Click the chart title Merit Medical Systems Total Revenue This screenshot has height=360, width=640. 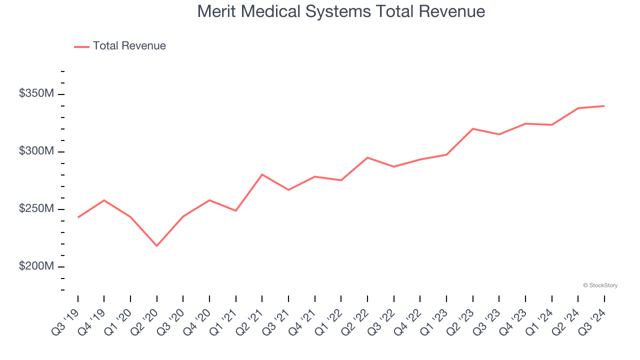[341, 11]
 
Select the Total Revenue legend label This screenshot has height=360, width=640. [129, 46]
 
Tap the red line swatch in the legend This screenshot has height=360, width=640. [81, 46]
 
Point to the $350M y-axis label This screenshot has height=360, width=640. [36, 93]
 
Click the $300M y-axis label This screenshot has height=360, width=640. [36, 151]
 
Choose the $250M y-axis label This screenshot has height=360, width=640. [36, 208]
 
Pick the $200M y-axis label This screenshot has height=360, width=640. [36, 266]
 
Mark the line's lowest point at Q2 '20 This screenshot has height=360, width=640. [157, 246]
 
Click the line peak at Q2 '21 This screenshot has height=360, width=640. [262, 174]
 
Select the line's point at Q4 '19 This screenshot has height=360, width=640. [104, 200]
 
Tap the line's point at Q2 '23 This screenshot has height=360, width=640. [473, 128]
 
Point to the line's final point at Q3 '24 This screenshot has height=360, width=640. [604, 106]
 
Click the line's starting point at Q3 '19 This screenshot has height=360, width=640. [78, 217]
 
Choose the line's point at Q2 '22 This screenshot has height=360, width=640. [367, 157]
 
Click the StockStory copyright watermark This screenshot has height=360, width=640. [600, 285]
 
